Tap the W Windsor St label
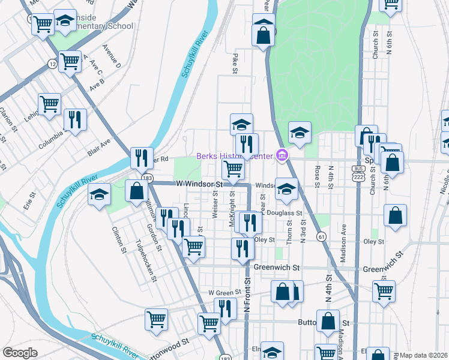point(199,184)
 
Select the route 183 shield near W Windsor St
point(148,178)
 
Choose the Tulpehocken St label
point(145,262)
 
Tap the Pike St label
point(235,63)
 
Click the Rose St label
point(316,176)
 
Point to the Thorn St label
point(289,230)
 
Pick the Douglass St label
point(281,213)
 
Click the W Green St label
point(224,292)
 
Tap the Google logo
point(20,352)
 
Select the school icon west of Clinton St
point(99,194)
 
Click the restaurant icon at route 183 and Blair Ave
point(142,158)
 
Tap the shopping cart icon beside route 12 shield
point(70,61)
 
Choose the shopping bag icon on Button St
point(328,321)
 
